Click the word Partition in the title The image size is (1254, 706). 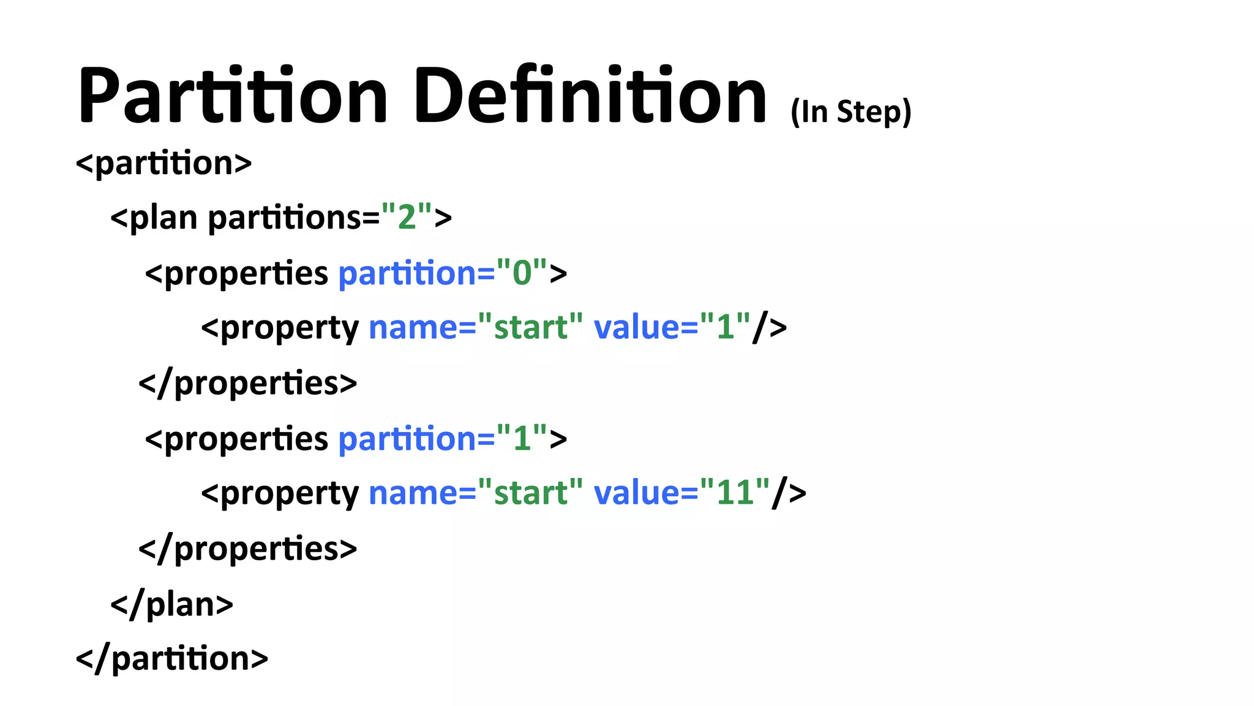[233, 95]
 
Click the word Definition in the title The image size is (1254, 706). [589, 95]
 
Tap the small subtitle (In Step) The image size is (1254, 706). [850, 112]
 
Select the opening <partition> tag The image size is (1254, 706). [163, 163]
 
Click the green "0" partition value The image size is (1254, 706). [522, 272]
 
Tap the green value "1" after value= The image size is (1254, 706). [726, 327]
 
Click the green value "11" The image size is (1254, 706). [735, 492]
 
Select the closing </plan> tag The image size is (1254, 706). [171, 604]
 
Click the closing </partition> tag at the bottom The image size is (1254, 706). [172, 658]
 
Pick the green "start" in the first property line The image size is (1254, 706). [530, 327]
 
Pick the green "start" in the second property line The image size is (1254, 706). [530, 492]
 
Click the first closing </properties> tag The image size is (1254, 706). [247, 383]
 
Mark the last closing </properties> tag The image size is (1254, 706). [247, 548]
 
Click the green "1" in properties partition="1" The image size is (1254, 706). [522, 438]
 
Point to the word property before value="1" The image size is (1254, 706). [289, 328]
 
